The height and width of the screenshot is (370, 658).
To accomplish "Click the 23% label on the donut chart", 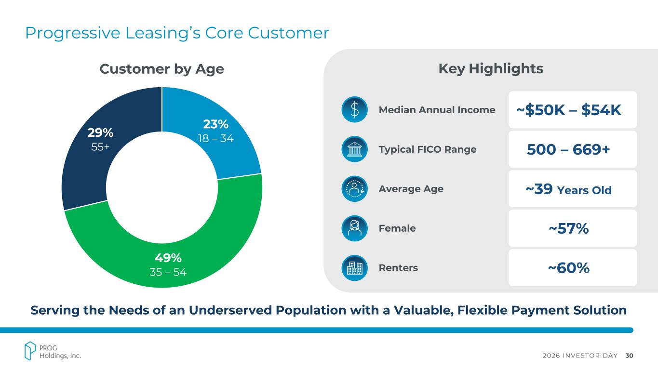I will pyautogui.click(x=215, y=124).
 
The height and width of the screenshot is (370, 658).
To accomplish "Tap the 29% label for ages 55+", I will pyautogui.click(x=100, y=132).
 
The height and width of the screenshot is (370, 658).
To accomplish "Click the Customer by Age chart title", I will pyautogui.click(x=161, y=69).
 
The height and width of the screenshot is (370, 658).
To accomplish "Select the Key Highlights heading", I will pyautogui.click(x=491, y=69).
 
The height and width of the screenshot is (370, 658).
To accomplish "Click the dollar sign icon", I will pyautogui.click(x=354, y=110).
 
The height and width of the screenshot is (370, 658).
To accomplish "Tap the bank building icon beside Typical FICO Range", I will pyautogui.click(x=354, y=149).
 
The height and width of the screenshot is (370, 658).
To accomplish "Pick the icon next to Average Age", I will pyautogui.click(x=354, y=189).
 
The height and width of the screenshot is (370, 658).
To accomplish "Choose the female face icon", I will pyautogui.click(x=354, y=228).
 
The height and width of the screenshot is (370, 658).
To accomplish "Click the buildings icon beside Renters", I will pyautogui.click(x=354, y=268).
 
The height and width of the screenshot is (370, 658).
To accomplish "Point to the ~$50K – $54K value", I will pyautogui.click(x=569, y=110).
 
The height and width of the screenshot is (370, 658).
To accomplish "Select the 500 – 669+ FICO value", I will pyautogui.click(x=569, y=150).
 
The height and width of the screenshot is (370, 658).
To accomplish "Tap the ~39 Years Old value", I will pyautogui.click(x=569, y=190).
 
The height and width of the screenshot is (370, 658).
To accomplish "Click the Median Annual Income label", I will pyautogui.click(x=437, y=110).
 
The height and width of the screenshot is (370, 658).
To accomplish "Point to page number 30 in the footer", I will pyautogui.click(x=629, y=356).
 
